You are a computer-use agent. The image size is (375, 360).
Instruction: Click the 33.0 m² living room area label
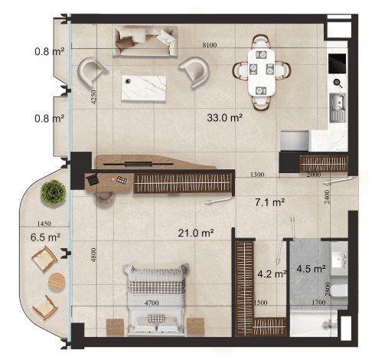click(x=224, y=118)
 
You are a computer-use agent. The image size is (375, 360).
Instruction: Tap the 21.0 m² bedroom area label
click(x=196, y=233)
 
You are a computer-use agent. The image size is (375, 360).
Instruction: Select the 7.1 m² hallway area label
click(x=270, y=202)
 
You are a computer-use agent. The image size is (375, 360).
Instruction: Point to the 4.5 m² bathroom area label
click(x=311, y=269)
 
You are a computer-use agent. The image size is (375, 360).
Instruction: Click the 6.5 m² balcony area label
click(x=45, y=237)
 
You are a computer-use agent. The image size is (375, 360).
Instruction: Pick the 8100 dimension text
click(x=210, y=45)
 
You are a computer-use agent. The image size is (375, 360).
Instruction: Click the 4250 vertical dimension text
click(x=93, y=97)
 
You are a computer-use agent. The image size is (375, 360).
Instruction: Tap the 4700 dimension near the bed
click(x=152, y=303)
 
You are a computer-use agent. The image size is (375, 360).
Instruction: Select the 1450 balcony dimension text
click(x=44, y=224)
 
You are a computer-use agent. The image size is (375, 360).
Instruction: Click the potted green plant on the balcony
click(x=54, y=192)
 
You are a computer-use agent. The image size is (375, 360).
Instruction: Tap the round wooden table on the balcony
click(x=57, y=281)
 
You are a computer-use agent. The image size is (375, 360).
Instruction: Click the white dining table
click(x=262, y=72)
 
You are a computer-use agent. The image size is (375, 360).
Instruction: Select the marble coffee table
click(x=144, y=88)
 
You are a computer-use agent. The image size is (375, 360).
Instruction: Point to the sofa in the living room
click(x=145, y=41)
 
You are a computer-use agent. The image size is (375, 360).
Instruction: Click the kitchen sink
click(x=337, y=107)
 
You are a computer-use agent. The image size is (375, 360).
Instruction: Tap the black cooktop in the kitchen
click(x=337, y=64)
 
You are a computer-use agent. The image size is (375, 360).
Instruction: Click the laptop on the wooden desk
click(x=93, y=179)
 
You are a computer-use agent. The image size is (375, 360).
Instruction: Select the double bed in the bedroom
click(x=156, y=299)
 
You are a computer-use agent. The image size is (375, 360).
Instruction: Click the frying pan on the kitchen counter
click(x=337, y=83)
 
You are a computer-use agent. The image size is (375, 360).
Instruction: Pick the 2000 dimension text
click(x=314, y=175)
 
